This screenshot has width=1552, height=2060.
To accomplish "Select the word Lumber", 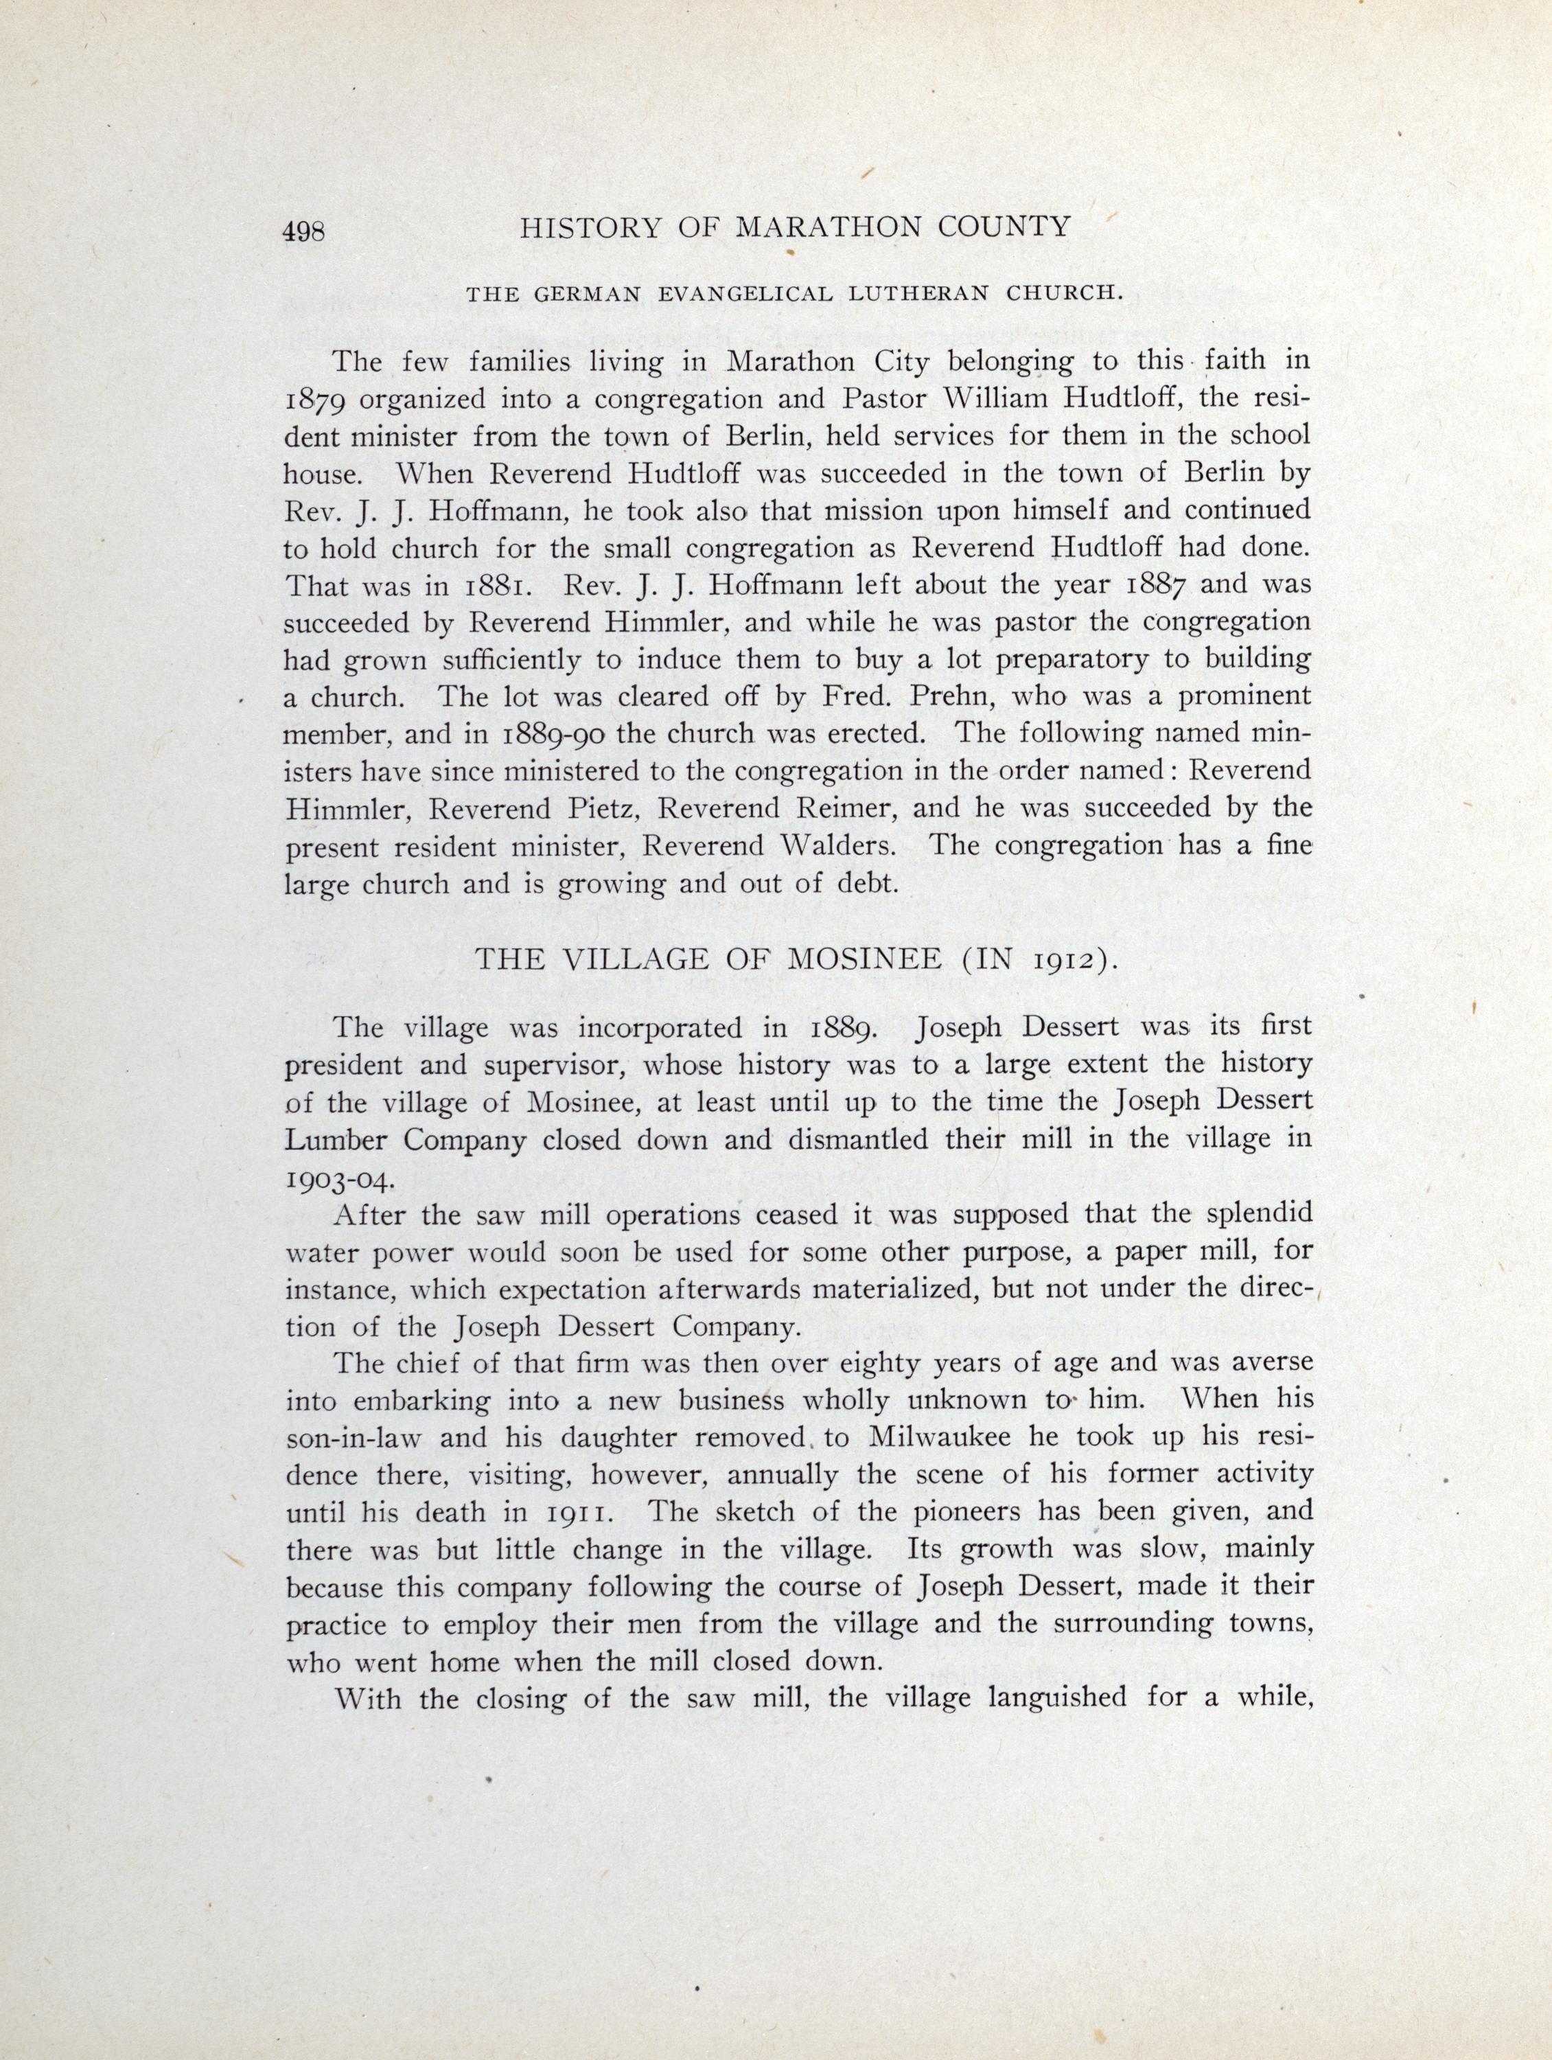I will click(x=340, y=1141).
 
